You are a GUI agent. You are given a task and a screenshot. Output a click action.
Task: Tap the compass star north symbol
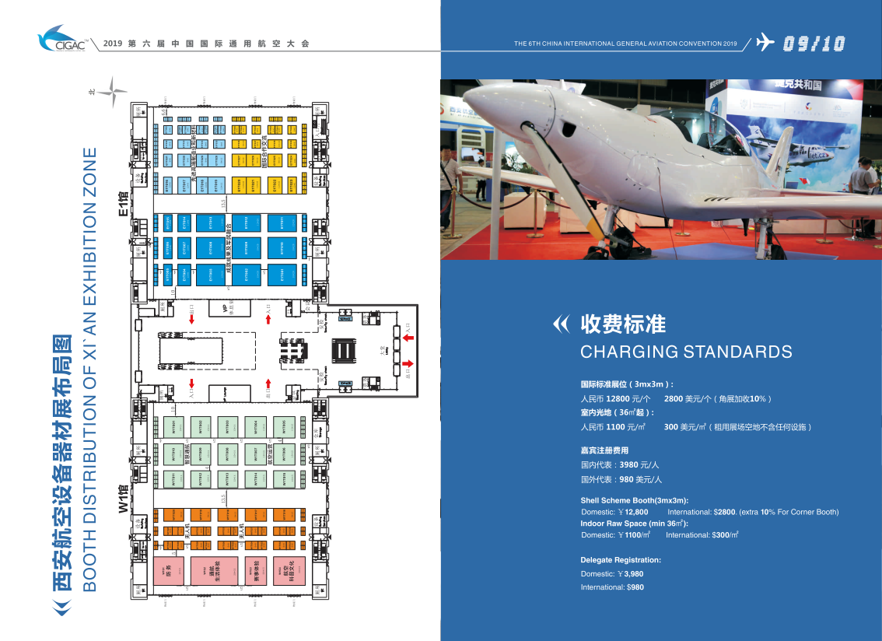tap(111, 91)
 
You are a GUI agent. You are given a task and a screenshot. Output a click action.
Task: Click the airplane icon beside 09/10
tap(765, 42)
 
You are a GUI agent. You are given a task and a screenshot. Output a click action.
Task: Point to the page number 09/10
tap(814, 44)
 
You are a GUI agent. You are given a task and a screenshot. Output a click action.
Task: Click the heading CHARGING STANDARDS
tap(686, 352)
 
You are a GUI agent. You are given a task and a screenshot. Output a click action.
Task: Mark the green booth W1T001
tap(173, 427)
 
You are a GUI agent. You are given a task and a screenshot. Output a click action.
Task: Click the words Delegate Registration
tap(621, 560)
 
